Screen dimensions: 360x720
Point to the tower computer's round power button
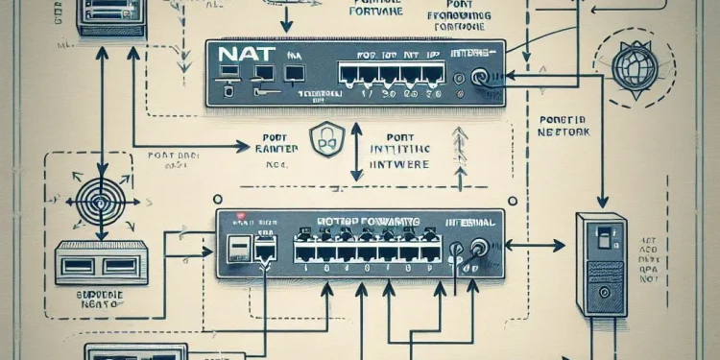(604, 246)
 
